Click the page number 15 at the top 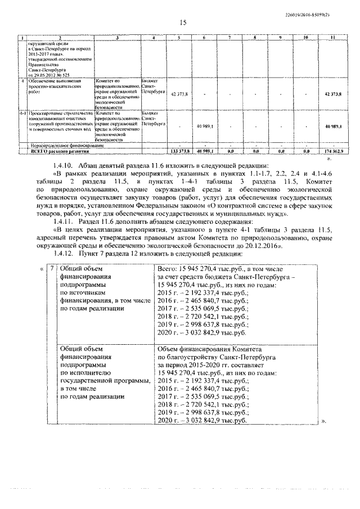(182, 23)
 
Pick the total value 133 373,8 (179, 151)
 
